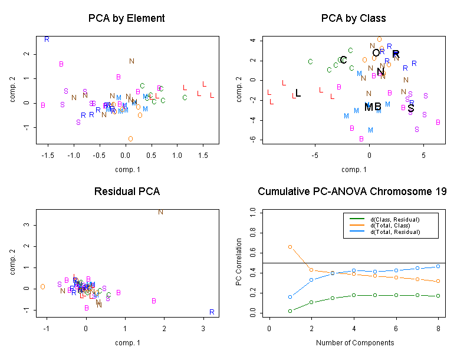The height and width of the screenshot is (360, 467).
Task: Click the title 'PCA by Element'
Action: click(126, 18)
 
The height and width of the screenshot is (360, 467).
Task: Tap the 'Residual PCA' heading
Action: click(127, 191)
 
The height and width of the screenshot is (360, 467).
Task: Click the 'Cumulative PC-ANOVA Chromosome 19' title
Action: click(352, 191)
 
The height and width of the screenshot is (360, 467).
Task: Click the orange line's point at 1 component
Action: click(290, 246)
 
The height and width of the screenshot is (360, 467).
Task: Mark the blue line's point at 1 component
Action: click(290, 297)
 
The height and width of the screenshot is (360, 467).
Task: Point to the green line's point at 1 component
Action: click(290, 311)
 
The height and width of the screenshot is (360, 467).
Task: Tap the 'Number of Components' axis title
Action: click(355, 343)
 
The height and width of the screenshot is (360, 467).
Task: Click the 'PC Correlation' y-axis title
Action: click(239, 262)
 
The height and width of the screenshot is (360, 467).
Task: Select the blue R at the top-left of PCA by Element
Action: click(47, 39)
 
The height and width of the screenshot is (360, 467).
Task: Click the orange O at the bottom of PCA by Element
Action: click(130, 139)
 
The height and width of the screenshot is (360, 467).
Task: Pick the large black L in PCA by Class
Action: click(298, 93)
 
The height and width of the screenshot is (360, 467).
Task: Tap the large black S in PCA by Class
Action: click(411, 108)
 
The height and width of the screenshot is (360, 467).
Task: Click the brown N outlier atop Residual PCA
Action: click(160, 212)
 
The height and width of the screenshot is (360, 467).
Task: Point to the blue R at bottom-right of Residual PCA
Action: click(212, 312)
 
